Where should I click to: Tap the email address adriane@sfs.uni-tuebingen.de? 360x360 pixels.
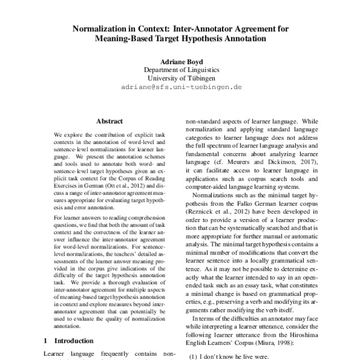[180, 86]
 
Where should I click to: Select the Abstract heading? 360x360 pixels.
[109, 121]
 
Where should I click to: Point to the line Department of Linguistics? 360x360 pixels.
[180, 70]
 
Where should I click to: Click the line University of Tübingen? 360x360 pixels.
[180, 78]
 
